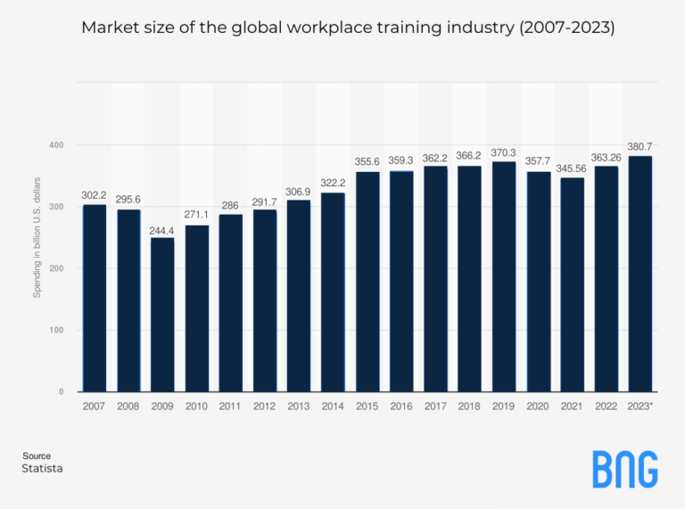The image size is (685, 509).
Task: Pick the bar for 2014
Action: pyautogui.click(x=333, y=291)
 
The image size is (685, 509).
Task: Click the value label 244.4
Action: pyautogui.click(x=162, y=230)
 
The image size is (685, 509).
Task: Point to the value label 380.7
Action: pyautogui.click(x=640, y=146)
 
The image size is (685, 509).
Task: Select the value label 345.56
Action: pyautogui.click(x=572, y=168)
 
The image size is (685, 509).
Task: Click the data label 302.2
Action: pyautogui.click(x=95, y=195)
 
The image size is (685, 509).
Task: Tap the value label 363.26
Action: pyautogui.click(x=607, y=156)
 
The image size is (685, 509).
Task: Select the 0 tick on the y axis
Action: pyautogui.click(x=62, y=392)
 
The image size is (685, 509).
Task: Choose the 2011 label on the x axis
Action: pyautogui.click(x=230, y=406)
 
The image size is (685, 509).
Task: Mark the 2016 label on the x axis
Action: pyautogui.click(x=401, y=406)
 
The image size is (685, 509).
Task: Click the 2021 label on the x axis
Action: pyautogui.click(x=572, y=406)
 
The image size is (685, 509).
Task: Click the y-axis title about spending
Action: pyautogui.click(x=37, y=235)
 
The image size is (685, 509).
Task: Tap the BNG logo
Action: pyautogui.click(x=624, y=469)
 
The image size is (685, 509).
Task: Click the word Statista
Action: pyautogui.click(x=42, y=468)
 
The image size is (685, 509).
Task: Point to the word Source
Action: pyautogui.click(x=37, y=456)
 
